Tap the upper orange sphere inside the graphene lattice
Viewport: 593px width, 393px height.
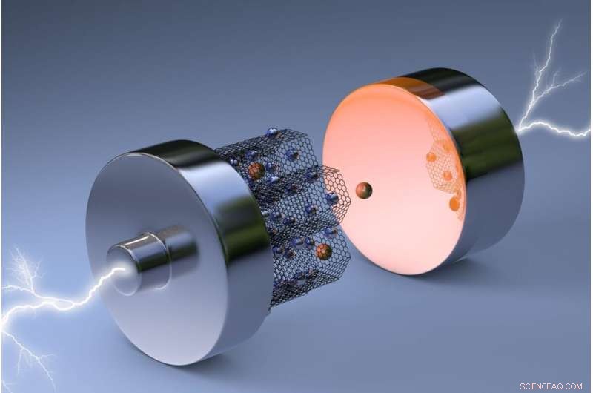[256, 171]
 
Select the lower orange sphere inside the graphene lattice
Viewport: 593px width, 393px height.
[323, 251]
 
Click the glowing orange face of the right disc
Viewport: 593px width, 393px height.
[393, 171]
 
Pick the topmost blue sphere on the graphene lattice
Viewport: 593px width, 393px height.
[273, 133]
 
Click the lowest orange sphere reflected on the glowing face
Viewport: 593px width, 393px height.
[454, 203]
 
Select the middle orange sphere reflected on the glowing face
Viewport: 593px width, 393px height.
[447, 176]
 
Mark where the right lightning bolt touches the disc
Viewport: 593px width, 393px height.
[519, 131]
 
